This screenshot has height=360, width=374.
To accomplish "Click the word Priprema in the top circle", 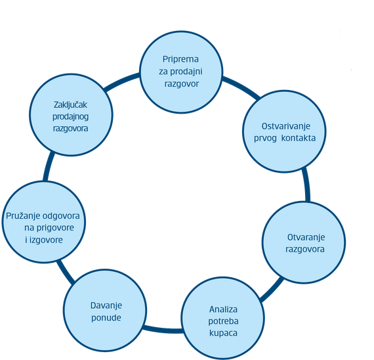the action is [180, 59].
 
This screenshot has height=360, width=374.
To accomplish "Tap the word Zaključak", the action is [70, 105].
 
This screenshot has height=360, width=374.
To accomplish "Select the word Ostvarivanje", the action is [285, 126].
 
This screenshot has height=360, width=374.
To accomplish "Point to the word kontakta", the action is [298, 138].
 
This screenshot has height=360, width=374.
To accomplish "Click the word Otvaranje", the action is [306, 237].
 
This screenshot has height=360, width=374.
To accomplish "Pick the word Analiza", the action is [223, 309].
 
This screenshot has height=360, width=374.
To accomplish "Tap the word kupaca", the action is [223, 333].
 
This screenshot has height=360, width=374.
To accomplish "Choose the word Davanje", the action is [106, 305].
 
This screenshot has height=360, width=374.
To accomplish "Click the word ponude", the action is [106, 318].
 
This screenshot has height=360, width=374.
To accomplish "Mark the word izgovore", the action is [45, 240].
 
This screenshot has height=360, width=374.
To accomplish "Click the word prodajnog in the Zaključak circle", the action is [70, 117].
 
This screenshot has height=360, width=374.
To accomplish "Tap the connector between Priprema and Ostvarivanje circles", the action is [241, 87].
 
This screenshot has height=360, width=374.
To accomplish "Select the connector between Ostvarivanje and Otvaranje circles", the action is [306, 185].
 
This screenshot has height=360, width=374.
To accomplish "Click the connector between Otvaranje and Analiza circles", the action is [272, 290].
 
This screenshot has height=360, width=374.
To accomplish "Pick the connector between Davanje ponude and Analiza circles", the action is [163, 330].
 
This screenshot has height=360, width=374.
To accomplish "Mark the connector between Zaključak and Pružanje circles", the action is [48, 166].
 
